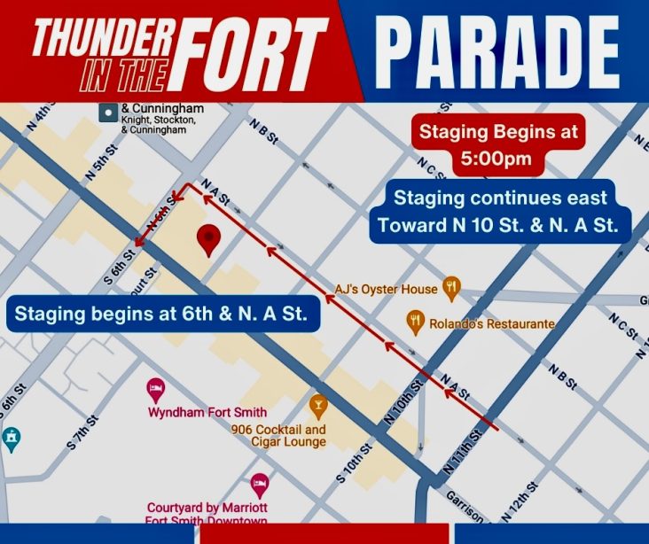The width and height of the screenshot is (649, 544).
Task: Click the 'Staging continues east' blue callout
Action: [x=502, y=212]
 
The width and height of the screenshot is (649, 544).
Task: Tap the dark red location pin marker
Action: [x=207, y=239]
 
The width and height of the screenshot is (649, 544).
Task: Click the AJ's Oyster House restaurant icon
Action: [x=453, y=287]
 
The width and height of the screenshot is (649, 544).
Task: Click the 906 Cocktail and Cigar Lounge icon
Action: [x=317, y=407]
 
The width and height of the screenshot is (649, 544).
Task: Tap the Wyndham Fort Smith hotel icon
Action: [x=155, y=389]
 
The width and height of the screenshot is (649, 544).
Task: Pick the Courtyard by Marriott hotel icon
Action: [x=260, y=484]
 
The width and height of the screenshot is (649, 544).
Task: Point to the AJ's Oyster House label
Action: [x=386, y=289]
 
